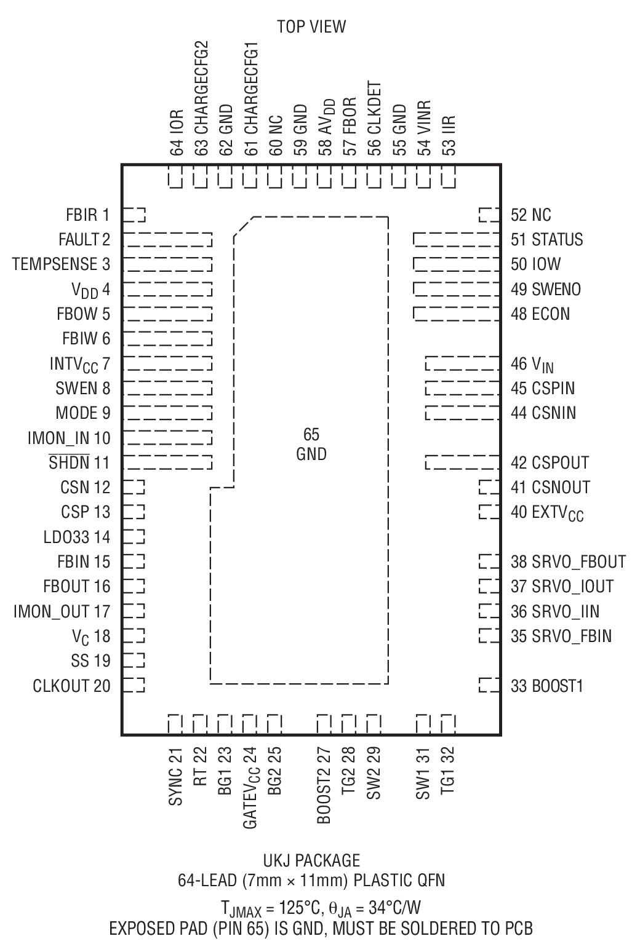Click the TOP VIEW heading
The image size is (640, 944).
coord(311,26)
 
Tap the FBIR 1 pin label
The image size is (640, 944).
coord(87,215)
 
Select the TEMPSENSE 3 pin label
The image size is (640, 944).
coord(61,264)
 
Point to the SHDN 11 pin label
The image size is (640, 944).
coord(79,462)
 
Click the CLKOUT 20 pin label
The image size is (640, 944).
coord(71,686)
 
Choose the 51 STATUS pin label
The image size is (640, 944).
coord(546,239)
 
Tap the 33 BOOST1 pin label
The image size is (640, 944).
coord(546,686)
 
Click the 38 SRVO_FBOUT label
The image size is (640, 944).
coord(567,561)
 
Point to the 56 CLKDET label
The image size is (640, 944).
coord(374,119)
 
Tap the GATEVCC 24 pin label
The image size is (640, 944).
coord(250,788)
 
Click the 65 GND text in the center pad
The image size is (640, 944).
coord(311,445)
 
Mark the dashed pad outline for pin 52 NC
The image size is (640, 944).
coord(489,215)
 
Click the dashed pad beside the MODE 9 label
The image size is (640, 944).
coord(167,413)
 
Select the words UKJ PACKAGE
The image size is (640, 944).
coord(311,860)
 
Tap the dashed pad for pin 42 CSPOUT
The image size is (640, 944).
coord(462,462)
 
